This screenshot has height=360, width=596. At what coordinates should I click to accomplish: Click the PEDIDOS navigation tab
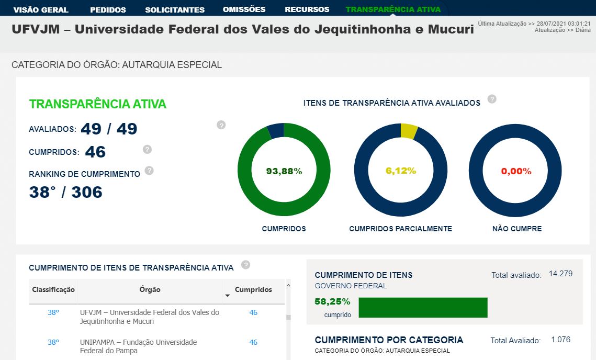coord(108,9)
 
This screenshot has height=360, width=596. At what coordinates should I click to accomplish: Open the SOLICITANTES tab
coord(175,9)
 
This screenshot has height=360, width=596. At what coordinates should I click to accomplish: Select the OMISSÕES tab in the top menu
coord(244,9)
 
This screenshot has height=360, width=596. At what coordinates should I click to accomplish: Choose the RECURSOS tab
coord(307,9)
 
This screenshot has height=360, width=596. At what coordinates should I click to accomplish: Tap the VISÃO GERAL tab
coord(41,9)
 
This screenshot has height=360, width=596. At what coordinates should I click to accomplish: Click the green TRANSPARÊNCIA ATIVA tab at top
coord(393,9)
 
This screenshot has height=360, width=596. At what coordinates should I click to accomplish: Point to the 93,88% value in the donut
coord(284,171)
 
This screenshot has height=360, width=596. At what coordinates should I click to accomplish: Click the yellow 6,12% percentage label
coord(401,171)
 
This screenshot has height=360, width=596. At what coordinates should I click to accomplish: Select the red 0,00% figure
coord(516,171)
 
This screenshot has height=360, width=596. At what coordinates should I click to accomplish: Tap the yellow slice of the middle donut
coord(408,131)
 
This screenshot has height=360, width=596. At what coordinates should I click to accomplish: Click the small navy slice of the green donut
coord(276,130)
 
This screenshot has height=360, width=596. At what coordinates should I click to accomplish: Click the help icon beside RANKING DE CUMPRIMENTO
coord(149,170)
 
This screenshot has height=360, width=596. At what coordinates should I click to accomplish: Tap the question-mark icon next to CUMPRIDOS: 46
coord(147,149)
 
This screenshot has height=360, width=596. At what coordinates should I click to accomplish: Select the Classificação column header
coord(53,290)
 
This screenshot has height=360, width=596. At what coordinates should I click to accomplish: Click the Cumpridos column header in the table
coord(253,290)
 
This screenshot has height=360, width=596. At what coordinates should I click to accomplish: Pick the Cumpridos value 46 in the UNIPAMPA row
coord(253,342)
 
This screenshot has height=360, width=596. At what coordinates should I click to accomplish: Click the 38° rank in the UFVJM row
coord(53,312)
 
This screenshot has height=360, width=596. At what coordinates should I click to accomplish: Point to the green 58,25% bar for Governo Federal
coord(423,308)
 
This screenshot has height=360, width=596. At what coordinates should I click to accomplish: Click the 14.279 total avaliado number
coord(560,274)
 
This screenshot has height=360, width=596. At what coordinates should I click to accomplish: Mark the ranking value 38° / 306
coord(66,193)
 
